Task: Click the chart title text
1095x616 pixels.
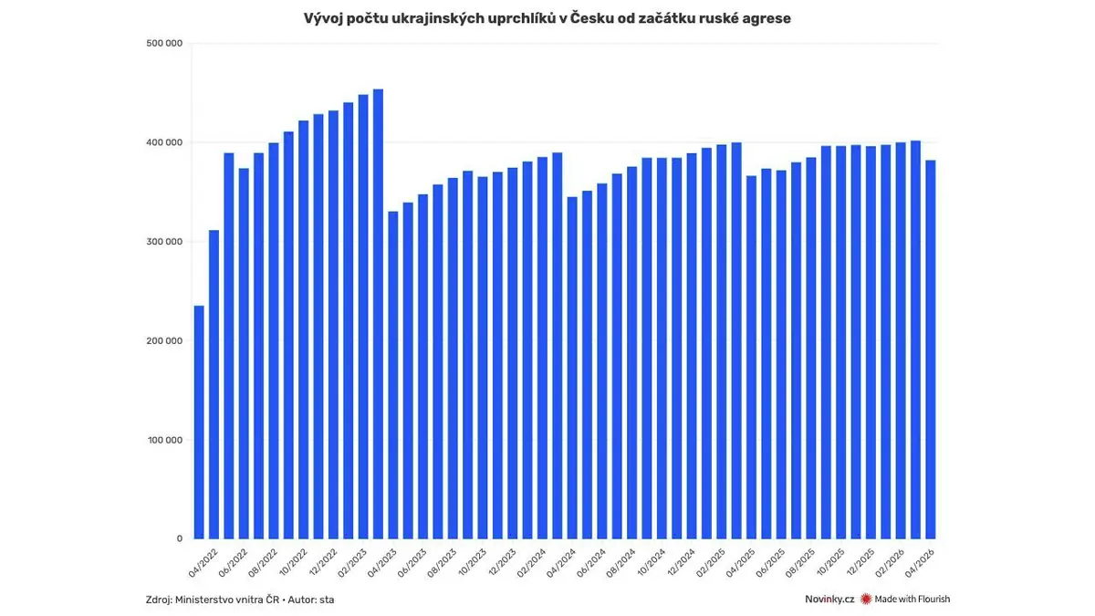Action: (x=547, y=18)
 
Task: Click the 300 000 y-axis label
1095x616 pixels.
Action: (x=164, y=242)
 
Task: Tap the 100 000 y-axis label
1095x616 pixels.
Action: (x=164, y=440)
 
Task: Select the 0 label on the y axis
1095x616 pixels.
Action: (x=180, y=538)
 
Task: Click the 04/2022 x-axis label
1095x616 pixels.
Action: (x=202, y=558)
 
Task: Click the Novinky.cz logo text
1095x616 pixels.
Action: (x=829, y=600)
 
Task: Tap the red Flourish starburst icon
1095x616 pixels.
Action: (x=866, y=600)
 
